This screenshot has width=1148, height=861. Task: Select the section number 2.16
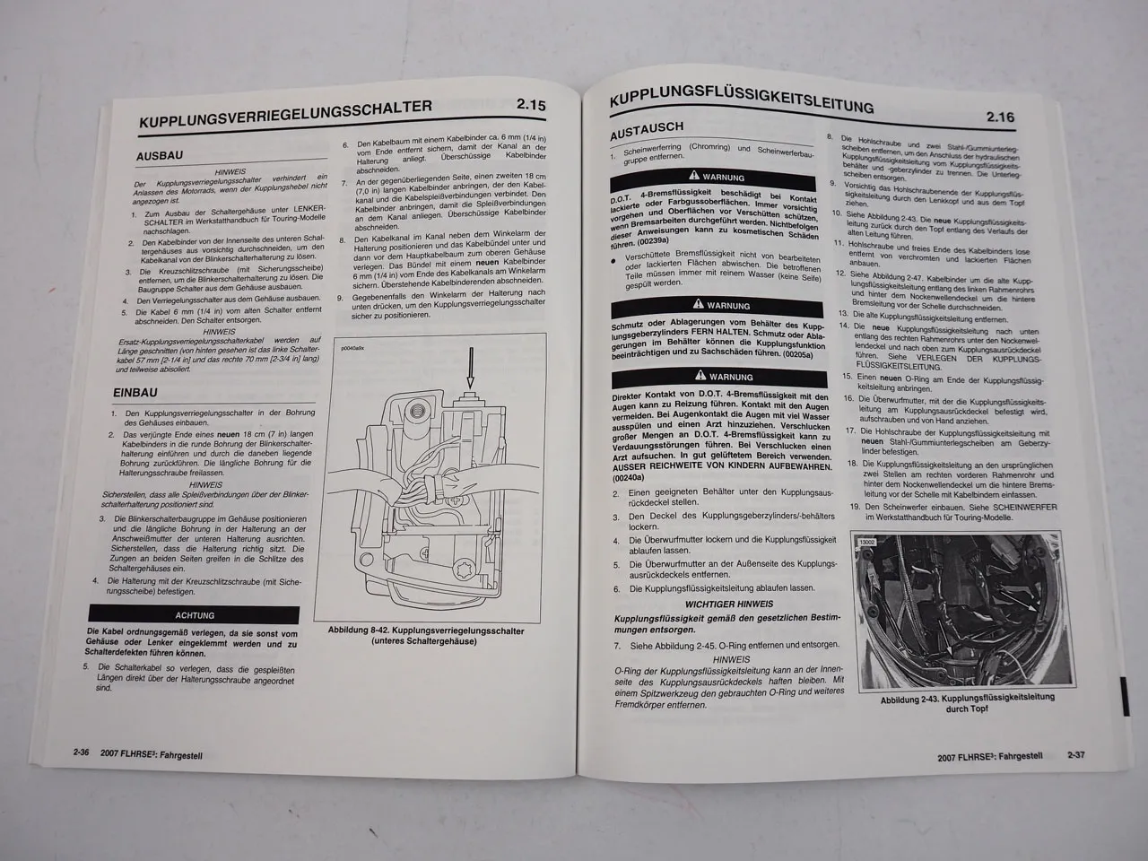pyautogui.click(x=999, y=117)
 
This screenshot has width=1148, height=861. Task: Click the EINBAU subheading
pyautogui.click(x=135, y=393)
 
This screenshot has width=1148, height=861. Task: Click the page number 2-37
pyautogui.click(x=1076, y=754)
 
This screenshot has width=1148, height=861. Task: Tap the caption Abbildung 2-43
pyautogui.click(x=954, y=702)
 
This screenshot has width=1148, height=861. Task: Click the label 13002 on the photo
pyautogui.click(x=867, y=543)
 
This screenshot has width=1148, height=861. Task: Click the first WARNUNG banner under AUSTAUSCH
pyautogui.click(x=724, y=177)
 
